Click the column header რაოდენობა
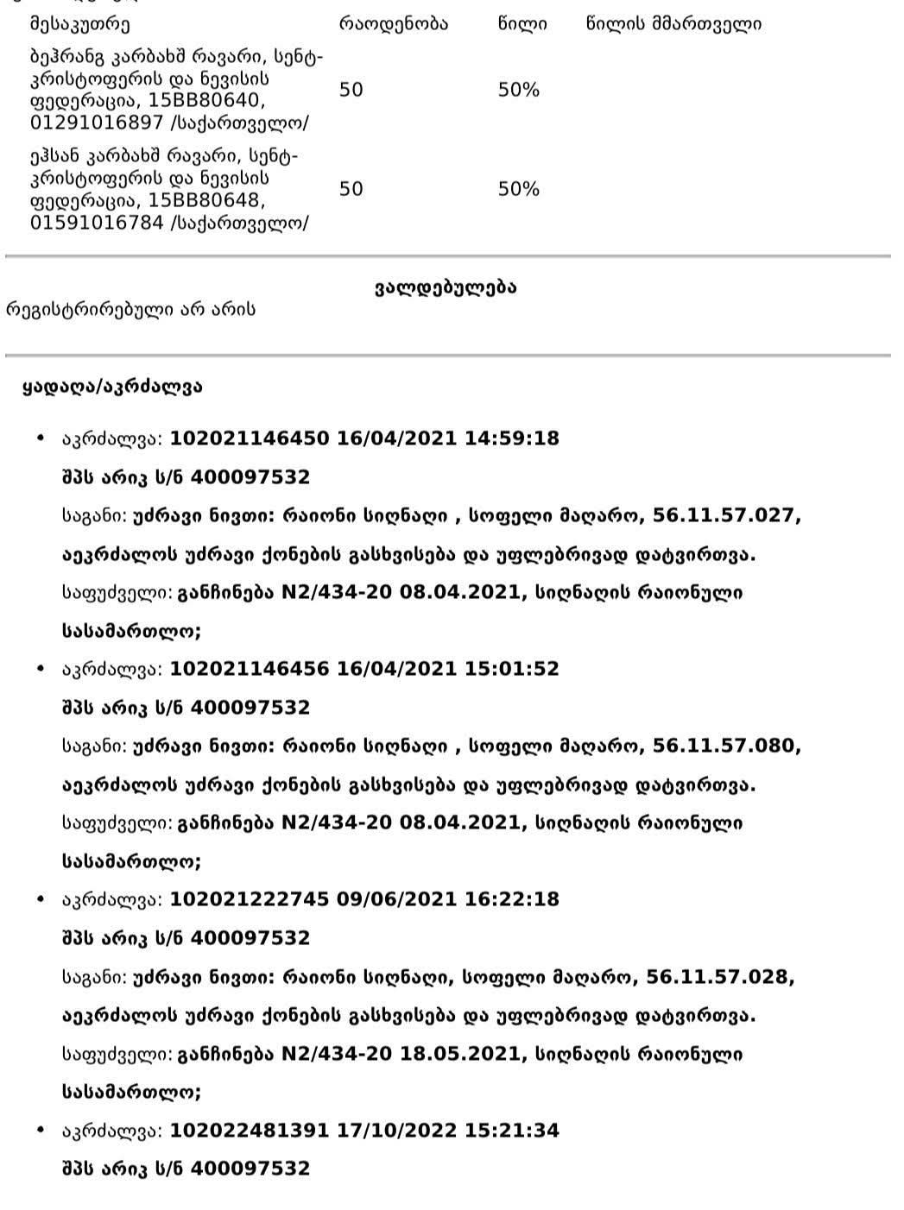[x=393, y=24]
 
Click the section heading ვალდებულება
[x=446, y=287]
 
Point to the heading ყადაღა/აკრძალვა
[x=112, y=387]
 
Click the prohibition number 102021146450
[x=250, y=438]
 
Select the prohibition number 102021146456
[x=250, y=668]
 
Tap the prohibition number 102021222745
[x=250, y=898]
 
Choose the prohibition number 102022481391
[x=250, y=1130]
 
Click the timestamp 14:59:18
[x=512, y=438]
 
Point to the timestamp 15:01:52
[x=512, y=668]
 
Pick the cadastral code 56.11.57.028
[x=720, y=977]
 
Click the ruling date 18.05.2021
[x=460, y=1054]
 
